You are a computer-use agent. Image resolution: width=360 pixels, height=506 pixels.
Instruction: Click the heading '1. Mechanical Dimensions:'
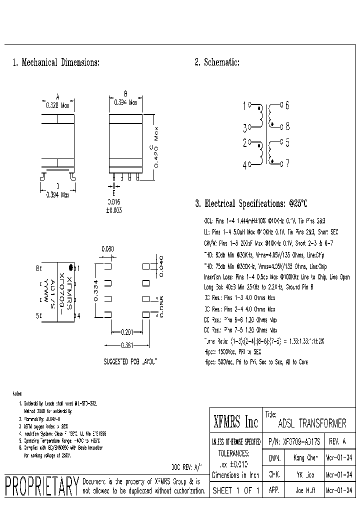click(56, 62)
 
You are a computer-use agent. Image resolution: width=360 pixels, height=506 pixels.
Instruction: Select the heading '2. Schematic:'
click(217, 62)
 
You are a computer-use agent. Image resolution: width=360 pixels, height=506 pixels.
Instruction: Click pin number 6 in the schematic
click(287, 105)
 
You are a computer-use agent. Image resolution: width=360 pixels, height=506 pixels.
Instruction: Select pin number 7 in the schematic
click(287, 163)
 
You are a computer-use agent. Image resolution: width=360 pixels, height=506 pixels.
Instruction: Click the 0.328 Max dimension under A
click(57, 105)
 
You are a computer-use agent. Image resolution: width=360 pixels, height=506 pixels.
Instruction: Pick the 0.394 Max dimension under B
click(126, 102)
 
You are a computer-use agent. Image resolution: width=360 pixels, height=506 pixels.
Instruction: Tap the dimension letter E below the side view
click(113, 192)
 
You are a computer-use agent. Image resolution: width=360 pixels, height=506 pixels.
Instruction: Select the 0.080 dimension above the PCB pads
click(107, 248)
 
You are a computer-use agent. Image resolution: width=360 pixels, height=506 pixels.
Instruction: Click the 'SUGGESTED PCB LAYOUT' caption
click(130, 360)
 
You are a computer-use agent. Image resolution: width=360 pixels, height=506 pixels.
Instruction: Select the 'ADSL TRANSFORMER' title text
click(311, 424)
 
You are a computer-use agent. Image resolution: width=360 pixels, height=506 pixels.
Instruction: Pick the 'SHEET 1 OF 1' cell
click(236, 490)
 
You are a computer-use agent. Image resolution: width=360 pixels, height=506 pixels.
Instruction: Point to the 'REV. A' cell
click(338, 441)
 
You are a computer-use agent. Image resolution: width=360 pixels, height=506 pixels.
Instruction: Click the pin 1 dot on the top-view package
click(71, 267)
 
